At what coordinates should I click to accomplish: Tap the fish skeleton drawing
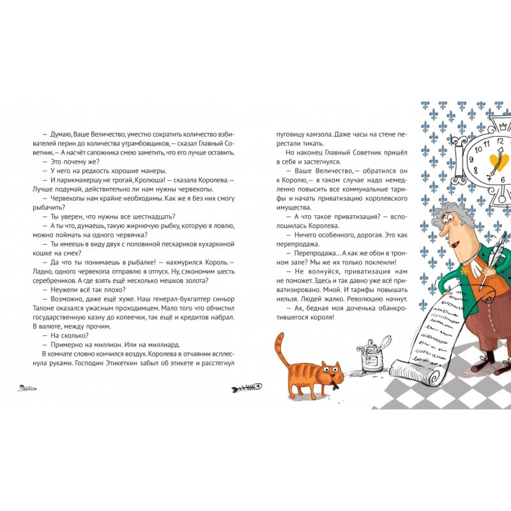tap(247, 390)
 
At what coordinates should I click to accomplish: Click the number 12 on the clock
tap(500, 141)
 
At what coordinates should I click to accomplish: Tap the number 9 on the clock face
tap(471, 160)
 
